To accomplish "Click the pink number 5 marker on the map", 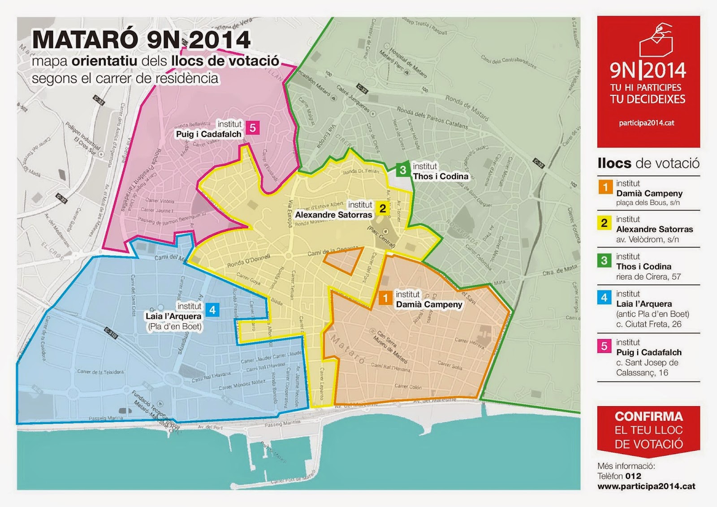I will [x=253, y=128].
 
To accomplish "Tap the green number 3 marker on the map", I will [x=403, y=170].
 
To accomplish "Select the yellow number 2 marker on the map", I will [x=382, y=208].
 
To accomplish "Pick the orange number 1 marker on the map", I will [x=385, y=298].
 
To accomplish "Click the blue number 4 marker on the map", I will [x=212, y=310].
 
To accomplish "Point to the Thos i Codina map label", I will [x=440, y=176].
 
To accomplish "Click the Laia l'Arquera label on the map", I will [x=173, y=316].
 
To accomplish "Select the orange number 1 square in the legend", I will [x=605, y=187].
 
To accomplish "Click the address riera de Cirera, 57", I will [x=648, y=277].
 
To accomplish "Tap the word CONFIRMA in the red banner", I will [x=648, y=416].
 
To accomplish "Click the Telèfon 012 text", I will [x=619, y=476].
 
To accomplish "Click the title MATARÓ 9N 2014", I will [x=141, y=40].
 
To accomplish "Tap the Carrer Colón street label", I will [x=408, y=386].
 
